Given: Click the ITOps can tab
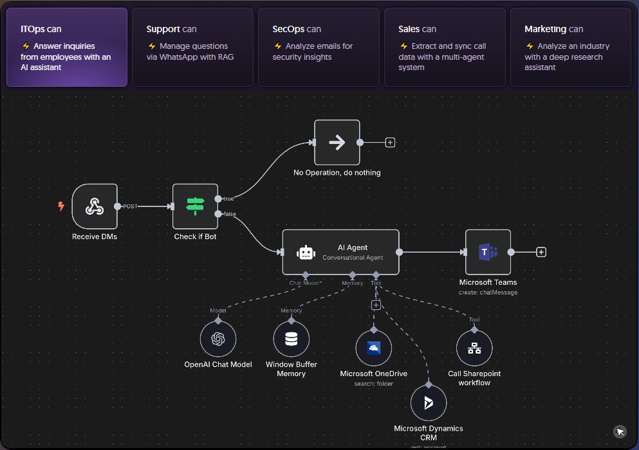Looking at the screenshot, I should [x=67, y=47].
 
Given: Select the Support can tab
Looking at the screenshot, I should [x=192, y=47].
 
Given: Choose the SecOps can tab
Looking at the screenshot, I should [x=319, y=47].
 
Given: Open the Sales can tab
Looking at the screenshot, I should [x=445, y=47].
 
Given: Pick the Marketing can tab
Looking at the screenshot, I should [x=570, y=47].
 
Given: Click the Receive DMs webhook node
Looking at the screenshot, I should [x=95, y=206].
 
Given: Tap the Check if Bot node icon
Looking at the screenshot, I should [x=195, y=206].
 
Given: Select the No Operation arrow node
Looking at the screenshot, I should [x=337, y=142].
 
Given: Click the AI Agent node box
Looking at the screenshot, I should [x=340, y=253].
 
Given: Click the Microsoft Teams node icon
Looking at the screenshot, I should [x=488, y=253].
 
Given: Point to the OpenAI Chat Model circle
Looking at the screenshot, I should [x=218, y=339].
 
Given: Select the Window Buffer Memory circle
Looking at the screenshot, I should [x=292, y=339].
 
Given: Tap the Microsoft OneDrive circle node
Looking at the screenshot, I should [x=374, y=348].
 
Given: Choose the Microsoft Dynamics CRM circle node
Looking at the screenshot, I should [x=429, y=403].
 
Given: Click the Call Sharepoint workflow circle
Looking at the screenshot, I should [x=474, y=348].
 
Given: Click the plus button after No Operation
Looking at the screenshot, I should [x=390, y=142].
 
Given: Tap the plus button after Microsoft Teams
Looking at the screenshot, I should [x=541, y=252].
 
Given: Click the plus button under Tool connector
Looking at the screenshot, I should [x=376, y=305].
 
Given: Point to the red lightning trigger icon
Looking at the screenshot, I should [x=61, y=206].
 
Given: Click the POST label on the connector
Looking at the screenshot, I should [x=130, y=206].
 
